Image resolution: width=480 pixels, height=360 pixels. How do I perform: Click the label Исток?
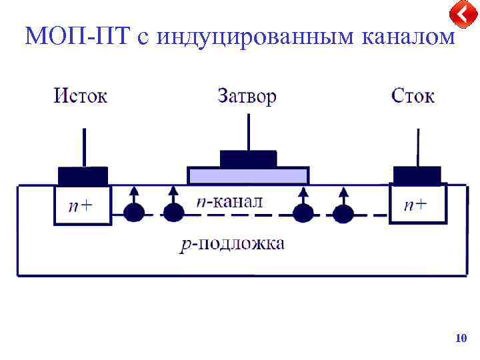(x=80, y=96)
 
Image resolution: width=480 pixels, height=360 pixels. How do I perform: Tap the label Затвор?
(x=247, y=96)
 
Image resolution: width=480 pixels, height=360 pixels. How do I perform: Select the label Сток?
(x=413, y=96)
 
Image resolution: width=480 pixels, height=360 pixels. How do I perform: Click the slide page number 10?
(x=460, y=339)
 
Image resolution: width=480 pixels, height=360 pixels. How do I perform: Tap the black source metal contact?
(x=83, y=176)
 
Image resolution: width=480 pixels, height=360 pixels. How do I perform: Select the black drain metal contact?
(x=417, y=175)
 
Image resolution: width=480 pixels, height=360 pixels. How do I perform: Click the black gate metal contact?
(x=248, y=159)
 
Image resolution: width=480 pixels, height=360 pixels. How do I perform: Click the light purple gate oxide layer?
(x=248, y=176)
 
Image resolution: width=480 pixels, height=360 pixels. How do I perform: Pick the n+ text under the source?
(x=81, y=206)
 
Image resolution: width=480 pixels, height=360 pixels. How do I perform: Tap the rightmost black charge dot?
(x=343, y=213)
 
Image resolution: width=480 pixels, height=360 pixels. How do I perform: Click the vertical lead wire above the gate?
(x=248, y=132)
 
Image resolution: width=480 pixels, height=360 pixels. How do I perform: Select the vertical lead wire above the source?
(x=83, y=147)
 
